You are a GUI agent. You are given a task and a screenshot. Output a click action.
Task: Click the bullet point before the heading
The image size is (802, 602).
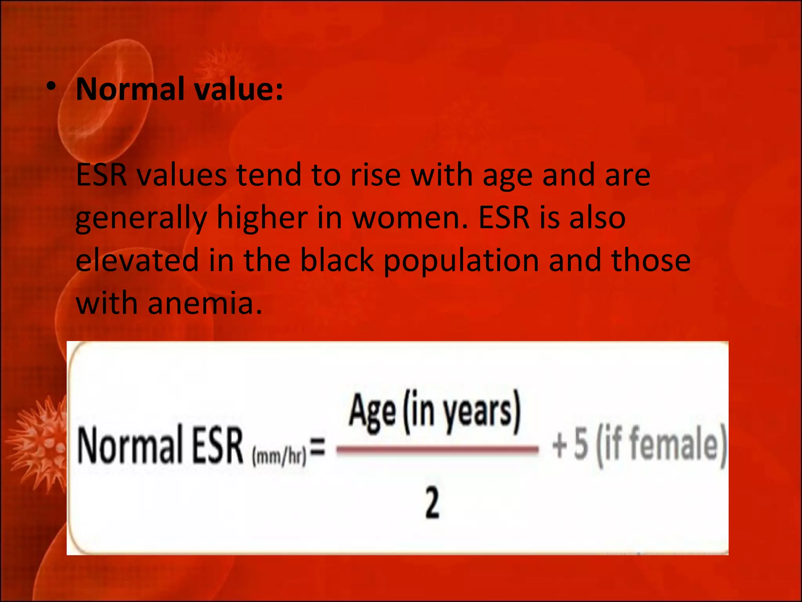point(51,88)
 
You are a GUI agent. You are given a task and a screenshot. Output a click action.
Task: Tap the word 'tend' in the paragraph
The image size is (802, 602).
point(269,175)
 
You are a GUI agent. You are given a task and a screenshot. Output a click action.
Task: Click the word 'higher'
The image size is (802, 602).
point(262,218)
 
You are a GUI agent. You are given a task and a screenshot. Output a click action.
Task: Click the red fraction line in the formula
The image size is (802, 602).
point(437,450)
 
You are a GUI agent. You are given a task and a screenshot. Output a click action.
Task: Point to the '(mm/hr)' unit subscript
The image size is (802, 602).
point(279,457)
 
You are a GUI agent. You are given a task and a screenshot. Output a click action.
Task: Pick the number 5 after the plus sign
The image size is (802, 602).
point(581,445)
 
